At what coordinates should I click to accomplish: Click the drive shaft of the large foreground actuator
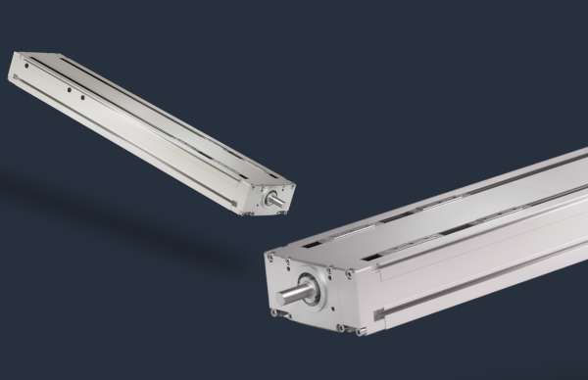294,295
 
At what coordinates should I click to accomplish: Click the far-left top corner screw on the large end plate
273,258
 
